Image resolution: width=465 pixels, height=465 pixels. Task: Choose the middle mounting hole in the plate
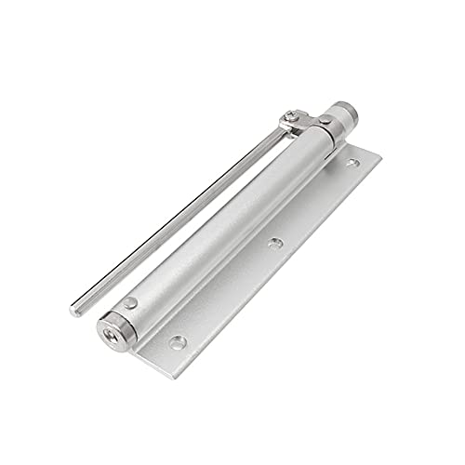click(x=273, y=244)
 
